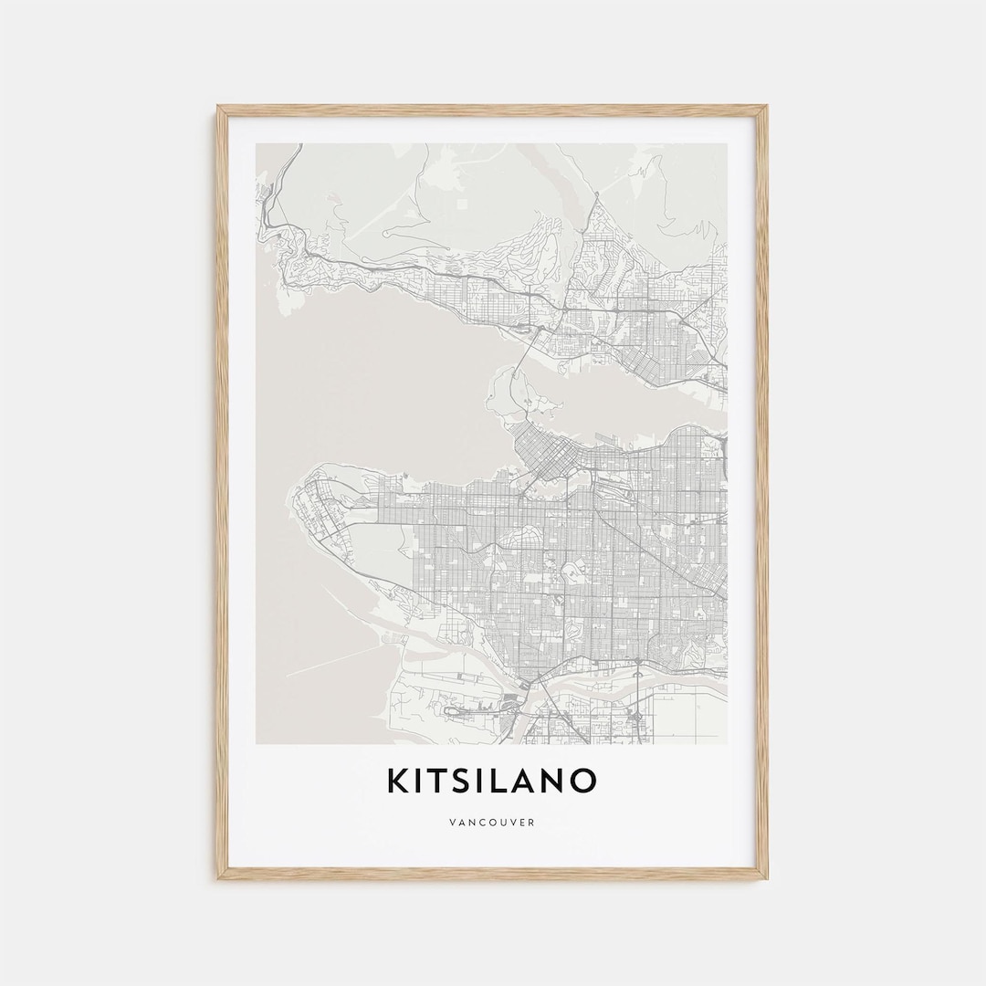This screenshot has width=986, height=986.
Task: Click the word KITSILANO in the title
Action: point(492,781)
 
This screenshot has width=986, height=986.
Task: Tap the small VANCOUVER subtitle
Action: point(492,823)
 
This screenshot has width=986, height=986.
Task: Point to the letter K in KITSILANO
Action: point(397,781)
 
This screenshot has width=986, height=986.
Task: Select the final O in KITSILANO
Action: point(584,781)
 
